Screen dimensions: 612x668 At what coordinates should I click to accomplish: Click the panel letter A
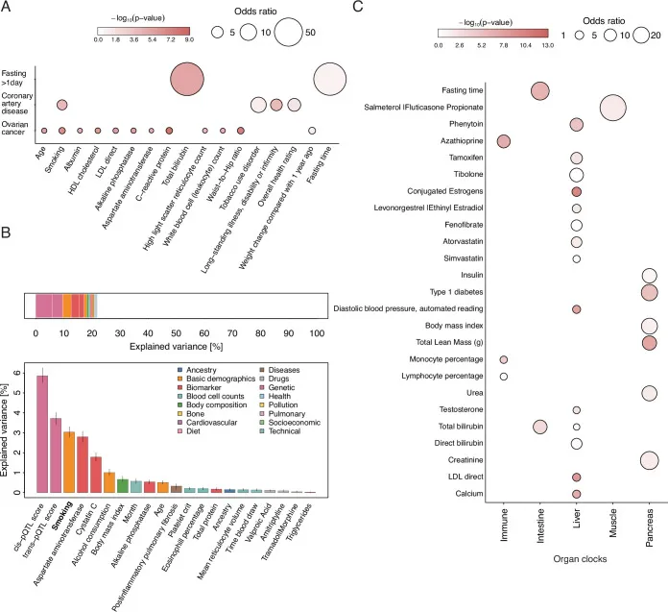[x=8, y=9]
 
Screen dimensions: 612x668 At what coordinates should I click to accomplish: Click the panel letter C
[x=357, y=9]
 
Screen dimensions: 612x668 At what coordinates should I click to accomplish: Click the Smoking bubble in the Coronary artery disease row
[x=61, y=105]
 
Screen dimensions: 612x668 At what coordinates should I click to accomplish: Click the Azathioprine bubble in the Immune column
[x=504, y=141]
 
